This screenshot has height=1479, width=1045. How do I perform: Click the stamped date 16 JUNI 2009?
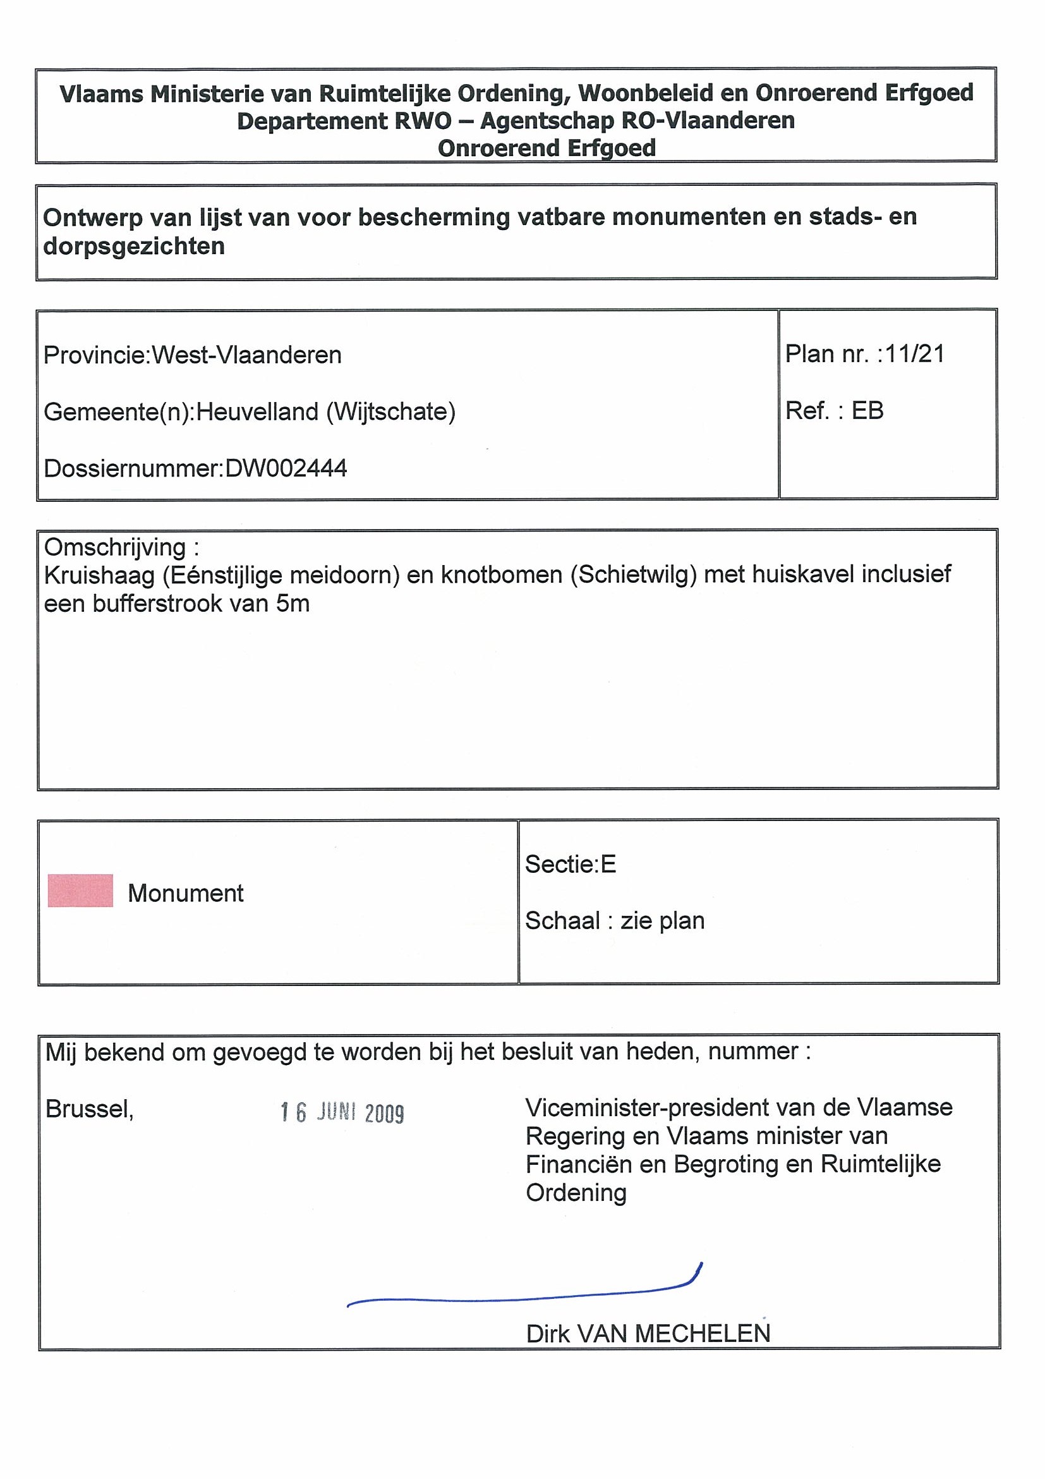pyautogui.click(x=342, y=1112)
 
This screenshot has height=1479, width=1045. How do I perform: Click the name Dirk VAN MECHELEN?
pyautogui.click(x=648, y=1334)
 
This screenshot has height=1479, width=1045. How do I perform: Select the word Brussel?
pyautogui.click(x=90, y=1109)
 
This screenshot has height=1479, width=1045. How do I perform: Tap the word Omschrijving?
pyautogui.click(x=114, y=547)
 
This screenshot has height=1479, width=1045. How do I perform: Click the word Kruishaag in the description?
pyautogui.click(x=99, y=575)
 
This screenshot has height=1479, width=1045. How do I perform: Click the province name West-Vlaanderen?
pyautogui.click(x=246, y=355)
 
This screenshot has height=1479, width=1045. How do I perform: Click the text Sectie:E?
pyautogui.click(x=571, y=864)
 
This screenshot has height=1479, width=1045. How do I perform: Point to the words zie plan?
pyautogui.click(x=663, y=920)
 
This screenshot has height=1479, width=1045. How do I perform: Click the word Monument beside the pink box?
pyautogui.click(x=186, y=893)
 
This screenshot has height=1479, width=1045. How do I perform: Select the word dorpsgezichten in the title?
pyautogui.click(x=134, y=246)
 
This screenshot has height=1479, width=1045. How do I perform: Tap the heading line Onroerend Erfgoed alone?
pyautogui.click(x=547, y=148)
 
